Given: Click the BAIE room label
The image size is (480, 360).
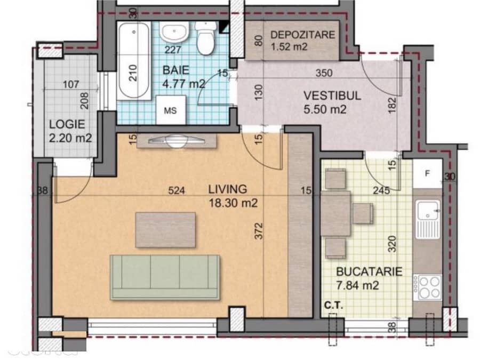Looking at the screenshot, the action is [176, 70].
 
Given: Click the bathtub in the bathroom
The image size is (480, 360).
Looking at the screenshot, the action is [134, 61].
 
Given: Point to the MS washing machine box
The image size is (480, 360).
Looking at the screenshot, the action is [171, 110].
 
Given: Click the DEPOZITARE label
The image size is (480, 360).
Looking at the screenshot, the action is [302, 35].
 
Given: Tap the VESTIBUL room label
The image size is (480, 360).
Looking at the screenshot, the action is [332, 95].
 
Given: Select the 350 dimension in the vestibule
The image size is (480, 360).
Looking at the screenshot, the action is [324, 73].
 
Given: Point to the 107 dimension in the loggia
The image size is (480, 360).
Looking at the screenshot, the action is [71, 84].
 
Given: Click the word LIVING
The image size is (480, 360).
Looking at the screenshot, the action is [227, 189].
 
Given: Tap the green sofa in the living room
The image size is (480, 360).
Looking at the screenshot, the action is [165, 277].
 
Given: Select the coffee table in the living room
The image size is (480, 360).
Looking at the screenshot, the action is [165, 230].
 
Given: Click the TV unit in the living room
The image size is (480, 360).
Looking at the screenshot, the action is [177, 141].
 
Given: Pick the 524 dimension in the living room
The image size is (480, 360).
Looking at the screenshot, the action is [177, 190].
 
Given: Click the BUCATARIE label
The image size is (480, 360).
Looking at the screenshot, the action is [369, 271].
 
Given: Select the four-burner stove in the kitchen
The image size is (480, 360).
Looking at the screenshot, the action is [428, 287].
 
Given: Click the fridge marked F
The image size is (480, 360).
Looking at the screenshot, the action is [428, 173].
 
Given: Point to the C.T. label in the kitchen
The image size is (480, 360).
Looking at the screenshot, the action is [334, 305].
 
